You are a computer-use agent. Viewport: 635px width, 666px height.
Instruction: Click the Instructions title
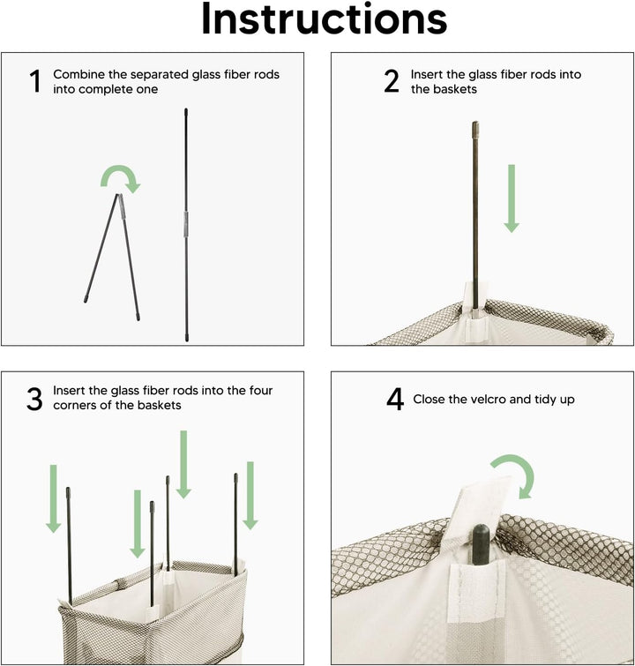pos(324,19)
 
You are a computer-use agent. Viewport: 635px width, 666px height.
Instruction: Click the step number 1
pos(35,81)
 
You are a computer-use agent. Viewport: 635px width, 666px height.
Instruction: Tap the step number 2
pos(392,81)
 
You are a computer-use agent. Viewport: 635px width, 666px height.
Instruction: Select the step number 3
pos(34,400)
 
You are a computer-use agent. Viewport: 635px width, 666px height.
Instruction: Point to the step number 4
pos(395,400)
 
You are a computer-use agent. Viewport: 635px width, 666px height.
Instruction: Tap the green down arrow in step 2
pos(512,198)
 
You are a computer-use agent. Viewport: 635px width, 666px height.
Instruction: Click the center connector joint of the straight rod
pos(185,224)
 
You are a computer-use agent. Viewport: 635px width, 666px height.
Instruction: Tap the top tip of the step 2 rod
pos(475,123)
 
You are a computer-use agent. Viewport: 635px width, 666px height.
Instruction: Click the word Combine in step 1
pos(78,74)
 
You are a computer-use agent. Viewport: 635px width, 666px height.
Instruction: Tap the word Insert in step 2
pos(426,74)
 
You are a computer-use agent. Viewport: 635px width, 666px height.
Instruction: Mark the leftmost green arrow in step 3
pos(54,498)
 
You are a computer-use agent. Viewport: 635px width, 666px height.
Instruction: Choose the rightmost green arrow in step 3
pos(250,496)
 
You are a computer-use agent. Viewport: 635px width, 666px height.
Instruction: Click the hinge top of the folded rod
pos(119,195)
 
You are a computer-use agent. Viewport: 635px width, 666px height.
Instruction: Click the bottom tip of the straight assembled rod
pos(186,340)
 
